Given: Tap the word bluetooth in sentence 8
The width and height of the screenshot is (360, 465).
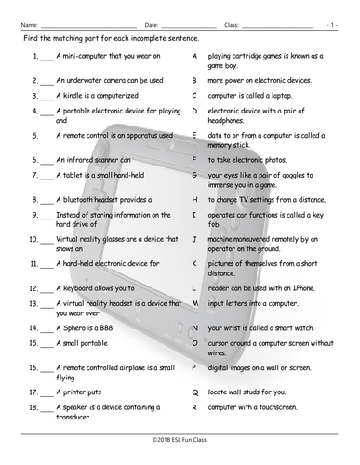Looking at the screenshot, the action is point(82,199).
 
